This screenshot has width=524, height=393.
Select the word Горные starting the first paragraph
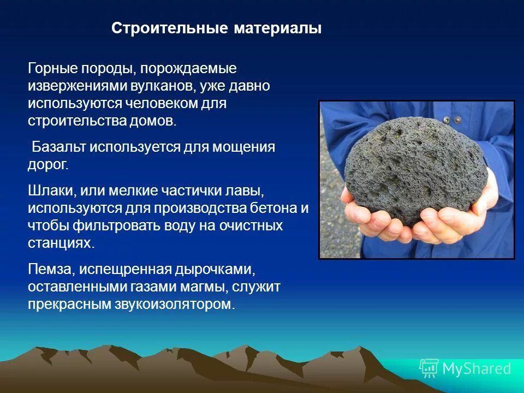[x=52, y=69]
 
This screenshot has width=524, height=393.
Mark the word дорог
[x=47, y=164]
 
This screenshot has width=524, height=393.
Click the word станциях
[x=61, y=243]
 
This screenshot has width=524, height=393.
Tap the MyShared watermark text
[x=476, y=368]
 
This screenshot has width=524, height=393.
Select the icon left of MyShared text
[x=429, y=368]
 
